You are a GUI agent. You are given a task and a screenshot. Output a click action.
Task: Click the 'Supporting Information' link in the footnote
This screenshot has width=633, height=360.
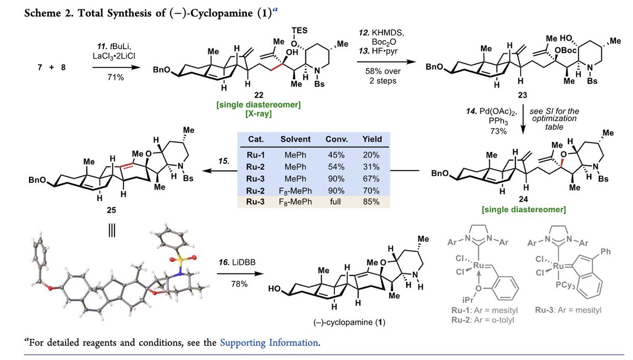[269, 343]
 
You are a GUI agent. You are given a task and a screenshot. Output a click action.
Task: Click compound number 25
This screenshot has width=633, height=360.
[112, 210]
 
